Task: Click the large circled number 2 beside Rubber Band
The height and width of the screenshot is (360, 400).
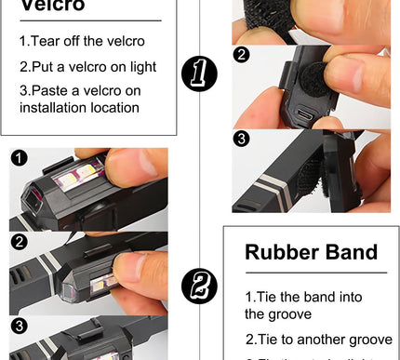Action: [199, 285]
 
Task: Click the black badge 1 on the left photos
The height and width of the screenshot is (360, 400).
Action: [20, 158]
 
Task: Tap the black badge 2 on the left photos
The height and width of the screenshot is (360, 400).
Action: [20, 241]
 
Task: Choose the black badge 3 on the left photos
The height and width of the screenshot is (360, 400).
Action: [20, 325]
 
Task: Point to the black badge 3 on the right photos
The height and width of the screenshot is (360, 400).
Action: [242, 140]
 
